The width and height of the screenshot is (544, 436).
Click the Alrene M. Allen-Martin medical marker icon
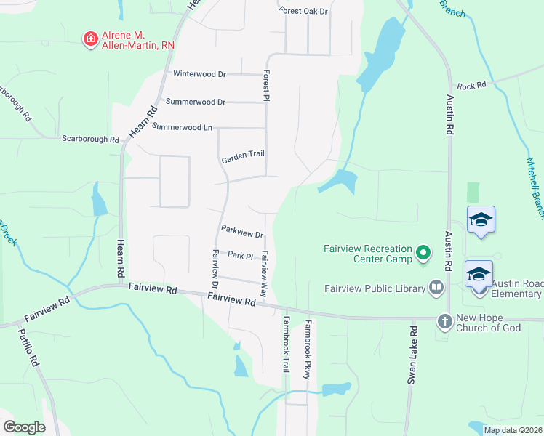click(x=90, y=39)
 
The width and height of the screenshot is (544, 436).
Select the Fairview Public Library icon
click(x=436, y=288)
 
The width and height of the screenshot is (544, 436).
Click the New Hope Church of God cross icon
click(x=444, y=320)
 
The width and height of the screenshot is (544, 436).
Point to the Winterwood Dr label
click(x=200, y=74)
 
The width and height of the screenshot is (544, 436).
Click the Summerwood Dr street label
click(x=196, y=102)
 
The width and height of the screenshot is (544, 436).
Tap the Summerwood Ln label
click(x=182, y=127)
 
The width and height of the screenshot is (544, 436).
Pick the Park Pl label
click(x=239, y=255)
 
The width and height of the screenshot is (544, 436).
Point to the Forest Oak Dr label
click(x=304, y=11)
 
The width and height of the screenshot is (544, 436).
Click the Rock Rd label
click(x=471, y=86)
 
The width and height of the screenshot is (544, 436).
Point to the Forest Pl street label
click(x=268, y=86)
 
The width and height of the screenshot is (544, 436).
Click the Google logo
click(x=24, y=427)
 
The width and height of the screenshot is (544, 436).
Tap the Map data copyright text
click(x=512, y=430)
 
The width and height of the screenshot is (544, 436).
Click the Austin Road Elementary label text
click(x=516, y=288)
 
